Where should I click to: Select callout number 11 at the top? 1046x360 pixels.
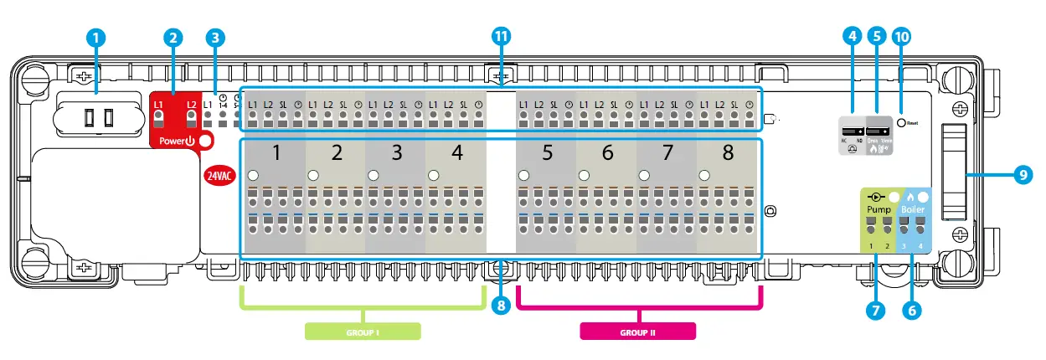click(501, 36)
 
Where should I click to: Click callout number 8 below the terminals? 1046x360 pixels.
click(501, 306)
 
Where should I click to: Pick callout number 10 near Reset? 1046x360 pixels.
click(903, 37)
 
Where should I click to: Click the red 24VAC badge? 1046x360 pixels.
click(220, 176)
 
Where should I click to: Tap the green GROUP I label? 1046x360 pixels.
click(362, 332)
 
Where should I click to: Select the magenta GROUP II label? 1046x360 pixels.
click(637, 332)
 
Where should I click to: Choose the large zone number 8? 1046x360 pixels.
click(728, 153)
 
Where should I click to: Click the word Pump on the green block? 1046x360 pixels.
click(879, 208)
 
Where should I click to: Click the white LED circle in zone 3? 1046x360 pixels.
click(373, 176)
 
